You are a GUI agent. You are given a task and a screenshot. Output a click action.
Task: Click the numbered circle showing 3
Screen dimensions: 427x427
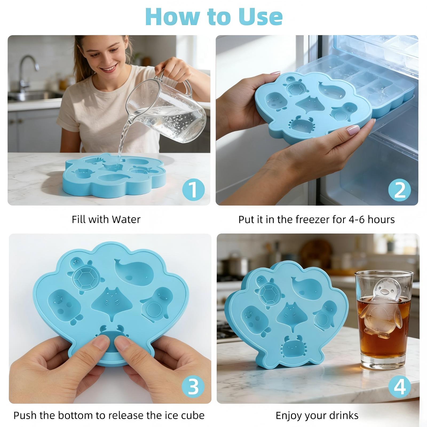click(193, 386)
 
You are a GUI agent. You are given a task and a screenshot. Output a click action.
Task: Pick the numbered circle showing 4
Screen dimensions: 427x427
click(400, 386)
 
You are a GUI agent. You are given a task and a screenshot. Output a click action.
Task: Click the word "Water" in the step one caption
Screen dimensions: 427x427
click(126, 219)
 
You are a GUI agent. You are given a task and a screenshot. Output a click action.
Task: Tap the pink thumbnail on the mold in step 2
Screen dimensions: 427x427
click(353, 130)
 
